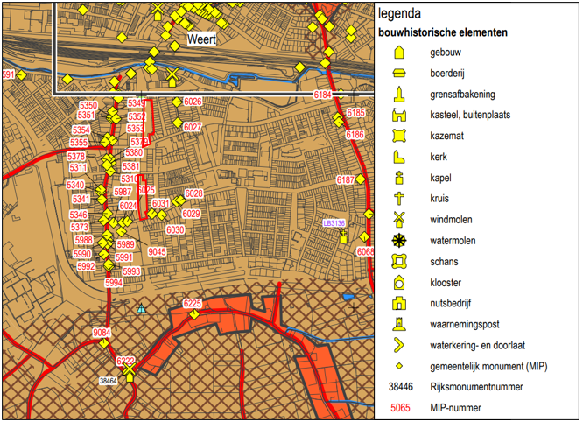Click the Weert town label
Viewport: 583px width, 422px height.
201,40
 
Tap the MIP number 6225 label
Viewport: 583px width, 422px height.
193,304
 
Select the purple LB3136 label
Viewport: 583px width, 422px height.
334,223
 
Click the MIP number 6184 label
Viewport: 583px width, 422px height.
323,94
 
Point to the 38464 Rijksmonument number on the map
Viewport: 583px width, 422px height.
109,381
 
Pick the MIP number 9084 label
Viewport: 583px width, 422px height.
102,333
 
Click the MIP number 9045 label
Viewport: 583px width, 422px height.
158,252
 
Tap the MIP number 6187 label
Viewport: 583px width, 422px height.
346,180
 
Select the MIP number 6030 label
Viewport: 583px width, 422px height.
176,229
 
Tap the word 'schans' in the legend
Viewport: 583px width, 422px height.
444,262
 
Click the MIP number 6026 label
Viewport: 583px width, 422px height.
193,102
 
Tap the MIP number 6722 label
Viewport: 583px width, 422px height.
126,361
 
